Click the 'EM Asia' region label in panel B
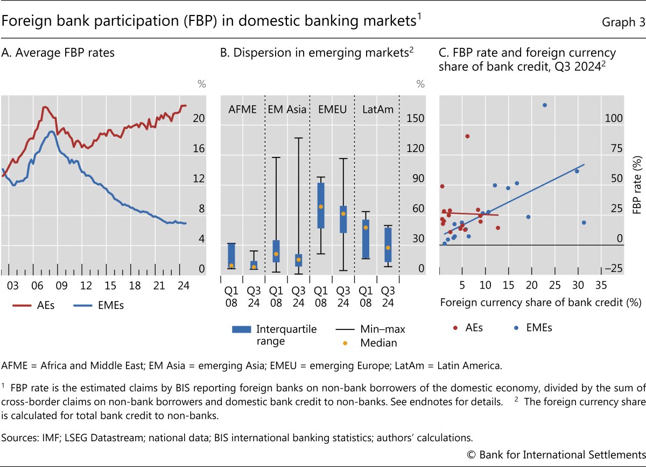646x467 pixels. (287, 110)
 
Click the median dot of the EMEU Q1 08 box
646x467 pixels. (321, 206)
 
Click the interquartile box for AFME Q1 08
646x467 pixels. (231, 256)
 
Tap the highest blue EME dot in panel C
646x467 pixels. (545, 105)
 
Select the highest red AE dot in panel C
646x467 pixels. (467, 136)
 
